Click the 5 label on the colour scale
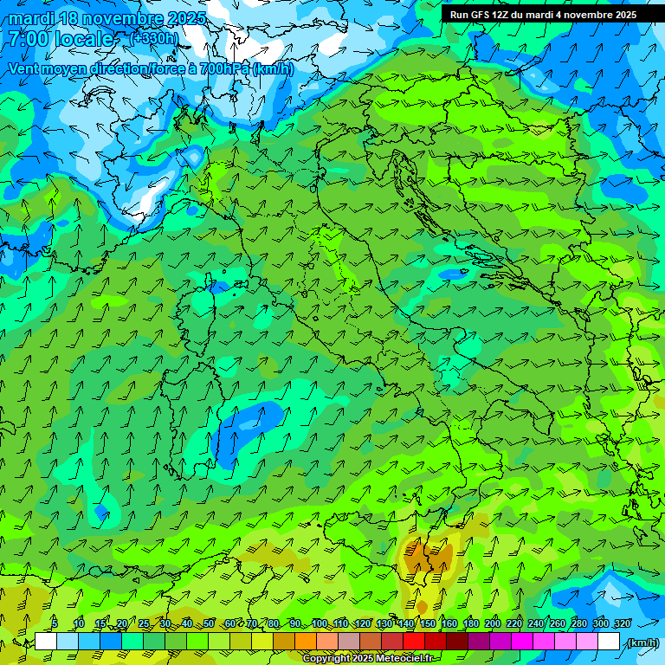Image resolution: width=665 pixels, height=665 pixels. click(x=55, y=623)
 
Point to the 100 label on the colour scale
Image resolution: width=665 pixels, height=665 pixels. click(x=320, y=623)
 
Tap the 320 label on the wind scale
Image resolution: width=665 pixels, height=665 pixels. click(x=623, y=623)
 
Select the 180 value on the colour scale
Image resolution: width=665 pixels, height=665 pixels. click(x=471, y=623)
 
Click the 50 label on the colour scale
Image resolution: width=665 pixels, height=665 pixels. click(x=209, y=623)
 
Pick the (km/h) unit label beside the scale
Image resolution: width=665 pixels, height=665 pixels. click(x=642, y=642)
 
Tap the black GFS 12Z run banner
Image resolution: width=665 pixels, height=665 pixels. click(x=543, y=15)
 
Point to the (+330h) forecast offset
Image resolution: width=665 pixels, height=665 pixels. click(x=154, y=38)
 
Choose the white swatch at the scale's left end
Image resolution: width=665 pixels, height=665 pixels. click(x=46, y=642)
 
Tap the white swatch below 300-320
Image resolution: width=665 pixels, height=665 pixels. click(x=609, y=642)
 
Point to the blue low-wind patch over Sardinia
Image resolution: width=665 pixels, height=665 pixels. click(x=245, y=428)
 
